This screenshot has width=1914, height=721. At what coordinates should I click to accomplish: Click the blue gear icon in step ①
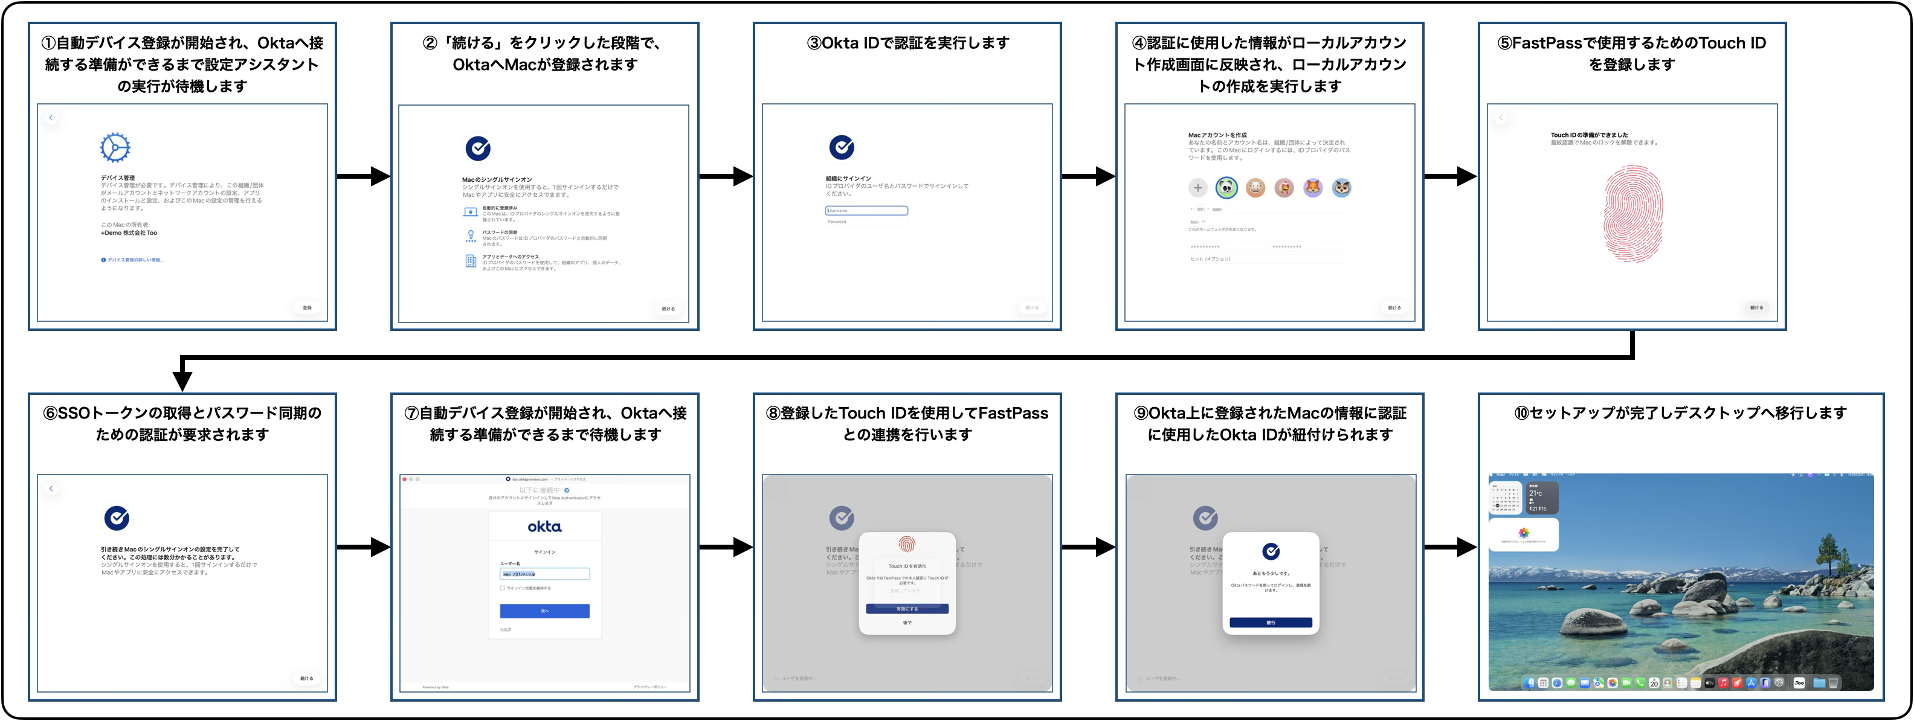click(x=115, y=148)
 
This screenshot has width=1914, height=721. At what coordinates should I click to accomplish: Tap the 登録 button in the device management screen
click(x=307, y=307)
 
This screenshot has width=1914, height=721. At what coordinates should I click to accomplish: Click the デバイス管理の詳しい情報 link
click(x=134, y=260)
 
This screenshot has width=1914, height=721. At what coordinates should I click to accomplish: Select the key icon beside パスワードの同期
click(x=470, y=236)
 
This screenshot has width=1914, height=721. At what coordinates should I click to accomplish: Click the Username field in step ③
click(x=866, y=211)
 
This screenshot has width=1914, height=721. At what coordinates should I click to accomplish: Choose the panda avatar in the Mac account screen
click(x=1226, y=188)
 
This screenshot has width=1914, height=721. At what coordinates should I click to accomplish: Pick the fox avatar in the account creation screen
click(x=1313, y=188)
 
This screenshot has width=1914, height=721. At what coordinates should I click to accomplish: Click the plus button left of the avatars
click(x=1197, y=188)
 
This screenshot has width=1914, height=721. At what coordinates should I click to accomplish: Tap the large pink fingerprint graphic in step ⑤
click(x=1632, y=214)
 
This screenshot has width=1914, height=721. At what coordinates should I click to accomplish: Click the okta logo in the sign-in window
click(x=544, y=527)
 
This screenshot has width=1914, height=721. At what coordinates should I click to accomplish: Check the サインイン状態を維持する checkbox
click(x=502, y=588)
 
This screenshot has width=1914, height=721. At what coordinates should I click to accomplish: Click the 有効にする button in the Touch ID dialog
click(x=907, y=609)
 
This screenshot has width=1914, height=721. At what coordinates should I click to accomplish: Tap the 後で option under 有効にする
click(x=907, y=623)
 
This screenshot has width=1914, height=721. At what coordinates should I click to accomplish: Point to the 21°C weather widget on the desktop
click(x=1542, y=498)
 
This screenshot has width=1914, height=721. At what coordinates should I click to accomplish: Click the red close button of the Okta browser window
click(x=405, y=479)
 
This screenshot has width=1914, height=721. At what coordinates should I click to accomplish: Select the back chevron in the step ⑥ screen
click(x=51, y=489)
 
